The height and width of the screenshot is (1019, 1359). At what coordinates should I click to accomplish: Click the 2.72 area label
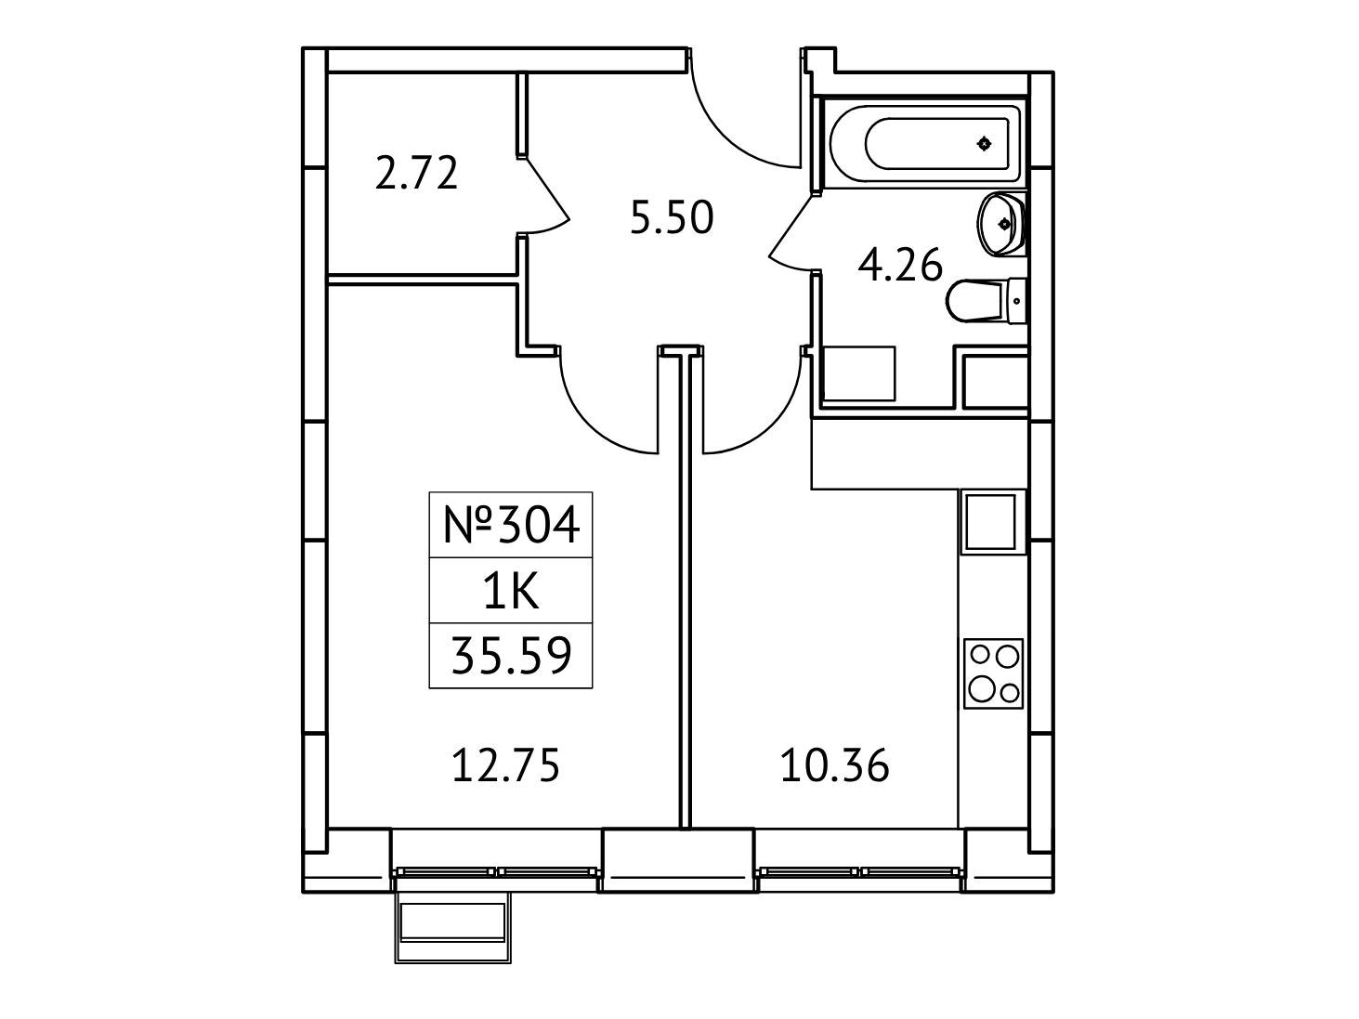pyautogui.click(x=416, y=174)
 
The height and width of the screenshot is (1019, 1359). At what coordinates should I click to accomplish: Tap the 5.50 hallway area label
pyautogui.click(x=672, y=218)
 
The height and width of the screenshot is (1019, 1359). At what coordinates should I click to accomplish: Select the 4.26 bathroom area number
pyautogui.click(x=900, y=265)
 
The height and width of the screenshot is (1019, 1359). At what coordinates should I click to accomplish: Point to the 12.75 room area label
pyautogui.click(x=506, y=765)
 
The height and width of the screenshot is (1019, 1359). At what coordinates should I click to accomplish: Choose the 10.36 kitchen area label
pyautogui.click(x=834, y=765)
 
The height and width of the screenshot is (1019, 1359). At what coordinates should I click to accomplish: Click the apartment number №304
pyautogui.click(x=512, y=525)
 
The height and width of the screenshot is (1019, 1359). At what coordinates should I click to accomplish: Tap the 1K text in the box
pyautogui.click(x=511, y=591)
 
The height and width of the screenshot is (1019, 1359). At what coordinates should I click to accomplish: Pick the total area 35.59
pyautogui.click(x=512, y=656)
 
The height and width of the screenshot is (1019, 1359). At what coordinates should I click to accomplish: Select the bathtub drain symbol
pyautogui.click(x=984, y=144)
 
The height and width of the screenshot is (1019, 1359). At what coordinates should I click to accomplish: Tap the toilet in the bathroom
pyautogui.click(x=986, y=301)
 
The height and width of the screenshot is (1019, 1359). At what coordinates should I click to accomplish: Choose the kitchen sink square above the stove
pyautogui.click(x=990, y=522)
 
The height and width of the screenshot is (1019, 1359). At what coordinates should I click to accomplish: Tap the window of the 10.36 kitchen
pyautogui.click(x=860, y=871)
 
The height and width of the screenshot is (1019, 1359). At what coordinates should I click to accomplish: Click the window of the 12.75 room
pyautogui.click(x=497, y=871)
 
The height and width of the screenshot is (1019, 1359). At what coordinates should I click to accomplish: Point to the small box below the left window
pyautogui.click(x=453, y=928)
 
